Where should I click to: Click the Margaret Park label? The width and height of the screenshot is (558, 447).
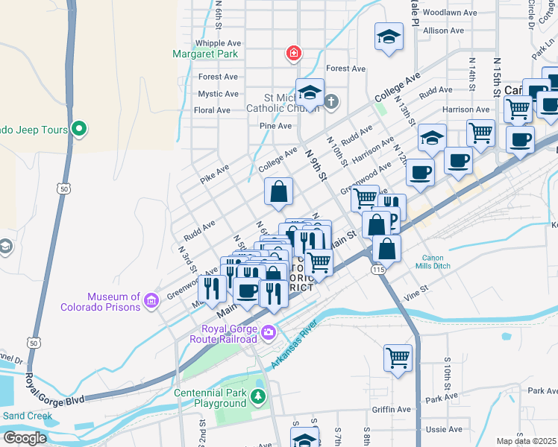[204, 54]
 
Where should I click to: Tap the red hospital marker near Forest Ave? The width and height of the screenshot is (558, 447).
[294, 53]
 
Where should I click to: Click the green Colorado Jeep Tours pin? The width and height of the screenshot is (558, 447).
[78, 130]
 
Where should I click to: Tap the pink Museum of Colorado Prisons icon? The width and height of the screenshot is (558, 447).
[151, 301]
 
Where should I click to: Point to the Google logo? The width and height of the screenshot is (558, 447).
[24, 437]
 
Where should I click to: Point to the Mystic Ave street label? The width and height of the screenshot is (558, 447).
[218, 94]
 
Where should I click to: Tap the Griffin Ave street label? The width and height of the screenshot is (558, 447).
[392, 409]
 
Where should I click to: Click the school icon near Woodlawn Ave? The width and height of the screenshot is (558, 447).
[388, 37]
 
